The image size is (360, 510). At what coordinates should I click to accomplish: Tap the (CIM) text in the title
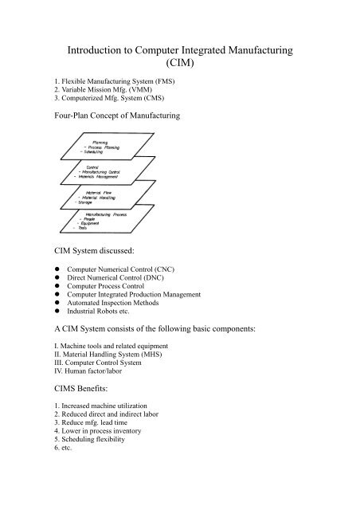click(180, 69)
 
